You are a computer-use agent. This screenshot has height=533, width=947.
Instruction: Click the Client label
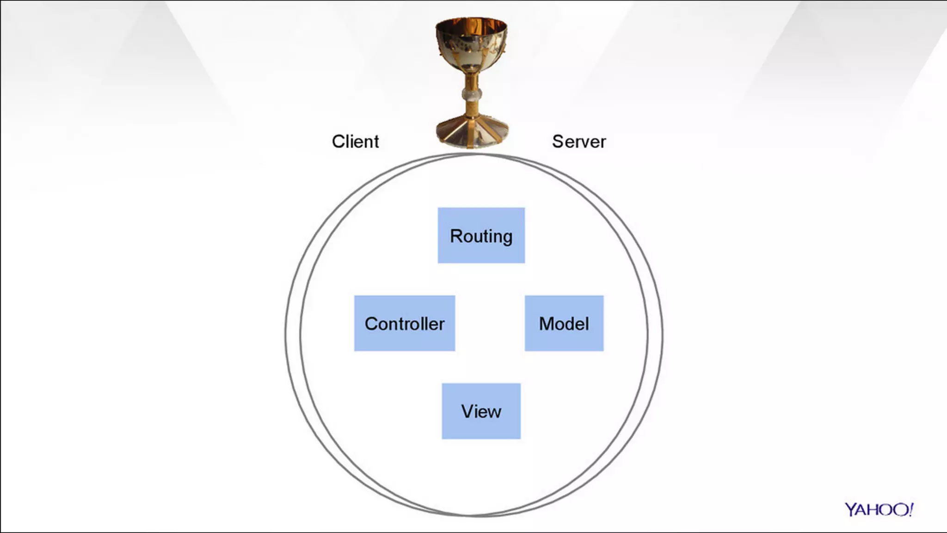[x=355, y=142]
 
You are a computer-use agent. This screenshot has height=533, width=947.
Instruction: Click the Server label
[x=578, y=142]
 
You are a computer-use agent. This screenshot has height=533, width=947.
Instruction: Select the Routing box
[x=481, y=236]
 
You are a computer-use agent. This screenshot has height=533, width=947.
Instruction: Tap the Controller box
[x=404, y=323]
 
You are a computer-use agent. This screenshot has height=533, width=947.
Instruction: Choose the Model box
[x=564, y=323]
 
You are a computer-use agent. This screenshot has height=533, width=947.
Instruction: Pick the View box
[x=481, y=411]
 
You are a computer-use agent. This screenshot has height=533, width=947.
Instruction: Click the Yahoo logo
[x=879, y=509]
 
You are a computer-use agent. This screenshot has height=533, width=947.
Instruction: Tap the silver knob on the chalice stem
[x=472, y=95]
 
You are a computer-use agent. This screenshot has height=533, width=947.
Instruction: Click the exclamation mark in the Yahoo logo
[x=910, y=509]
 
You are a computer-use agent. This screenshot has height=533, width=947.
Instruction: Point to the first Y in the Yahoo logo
[x=851, y=510]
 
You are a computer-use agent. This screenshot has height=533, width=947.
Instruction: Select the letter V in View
[x=467, y=411]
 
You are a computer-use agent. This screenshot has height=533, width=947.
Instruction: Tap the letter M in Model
[x=547, y=324]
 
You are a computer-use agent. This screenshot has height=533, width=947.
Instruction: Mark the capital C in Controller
[x=371, y=324]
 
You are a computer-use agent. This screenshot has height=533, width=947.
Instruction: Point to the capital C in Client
[x=338, y=142]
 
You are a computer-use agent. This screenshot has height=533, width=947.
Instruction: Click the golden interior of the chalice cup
[x=471, y=25]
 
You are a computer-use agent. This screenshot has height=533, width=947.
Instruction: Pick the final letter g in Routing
[x=507, y=238]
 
